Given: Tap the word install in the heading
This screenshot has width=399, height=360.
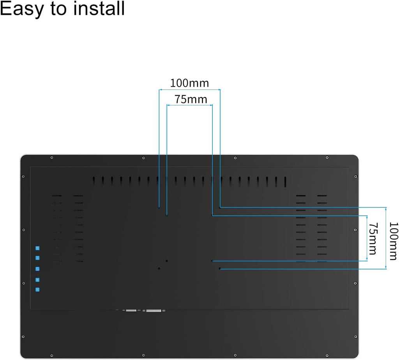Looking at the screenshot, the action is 99,8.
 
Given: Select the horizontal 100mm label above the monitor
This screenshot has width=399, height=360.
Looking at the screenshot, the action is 189,83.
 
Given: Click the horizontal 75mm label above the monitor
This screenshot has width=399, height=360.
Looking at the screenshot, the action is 191,99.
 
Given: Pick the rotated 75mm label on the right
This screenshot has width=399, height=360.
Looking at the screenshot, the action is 373,238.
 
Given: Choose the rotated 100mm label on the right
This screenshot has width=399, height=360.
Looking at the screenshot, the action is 394,241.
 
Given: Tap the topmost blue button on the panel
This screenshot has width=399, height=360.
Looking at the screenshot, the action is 37,248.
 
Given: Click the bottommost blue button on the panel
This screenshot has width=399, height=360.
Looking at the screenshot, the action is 37,290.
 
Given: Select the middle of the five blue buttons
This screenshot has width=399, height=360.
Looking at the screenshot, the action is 37,269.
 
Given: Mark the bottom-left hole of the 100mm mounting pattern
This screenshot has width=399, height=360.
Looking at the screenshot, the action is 159,268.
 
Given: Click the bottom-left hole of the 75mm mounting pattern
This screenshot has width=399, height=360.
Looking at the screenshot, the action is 167,261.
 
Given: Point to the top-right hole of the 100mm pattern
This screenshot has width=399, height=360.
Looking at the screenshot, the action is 220,207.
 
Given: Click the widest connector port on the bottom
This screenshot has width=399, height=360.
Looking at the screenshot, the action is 154,310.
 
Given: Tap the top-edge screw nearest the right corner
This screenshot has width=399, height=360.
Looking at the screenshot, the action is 327,158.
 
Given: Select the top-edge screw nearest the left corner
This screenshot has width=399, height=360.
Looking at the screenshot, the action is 52,158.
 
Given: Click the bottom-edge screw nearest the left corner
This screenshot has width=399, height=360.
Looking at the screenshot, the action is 52,355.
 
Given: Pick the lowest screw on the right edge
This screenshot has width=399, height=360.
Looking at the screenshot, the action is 355,337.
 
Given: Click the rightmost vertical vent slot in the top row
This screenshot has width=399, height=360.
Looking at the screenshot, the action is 285,182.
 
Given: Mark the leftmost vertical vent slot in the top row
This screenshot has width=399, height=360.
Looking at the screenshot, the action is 94,182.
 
